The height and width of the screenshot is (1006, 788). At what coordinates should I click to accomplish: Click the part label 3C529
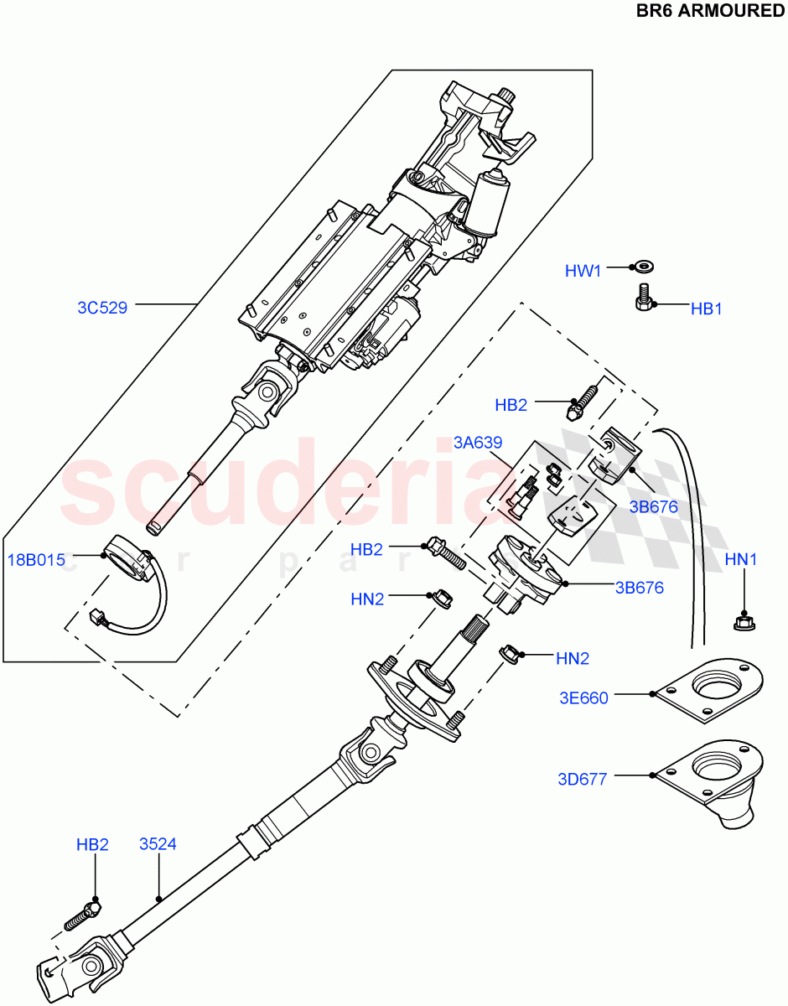point(102,308)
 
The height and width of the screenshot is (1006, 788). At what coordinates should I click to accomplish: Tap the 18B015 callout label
point(36,560)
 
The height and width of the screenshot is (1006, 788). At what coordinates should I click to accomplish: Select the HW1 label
point(583,271)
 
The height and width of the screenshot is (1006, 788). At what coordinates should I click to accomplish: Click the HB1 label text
point(706,309)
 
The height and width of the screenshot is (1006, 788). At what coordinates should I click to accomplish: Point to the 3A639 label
point(478,443)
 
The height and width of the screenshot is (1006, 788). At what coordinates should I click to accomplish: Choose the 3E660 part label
point(583,697)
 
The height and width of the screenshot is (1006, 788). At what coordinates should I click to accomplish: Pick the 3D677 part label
point(582,779)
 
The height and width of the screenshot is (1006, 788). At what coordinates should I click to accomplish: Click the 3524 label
point(158,844)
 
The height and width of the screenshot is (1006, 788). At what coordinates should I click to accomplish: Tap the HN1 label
point(741,560)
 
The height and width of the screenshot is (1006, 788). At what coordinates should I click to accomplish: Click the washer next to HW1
point(644,267)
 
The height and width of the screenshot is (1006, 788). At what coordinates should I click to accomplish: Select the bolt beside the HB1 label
point(643,298)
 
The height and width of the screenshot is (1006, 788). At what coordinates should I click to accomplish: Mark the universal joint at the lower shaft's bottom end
point(67,969)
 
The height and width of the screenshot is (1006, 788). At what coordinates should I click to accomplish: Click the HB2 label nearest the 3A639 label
point(511,406)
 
